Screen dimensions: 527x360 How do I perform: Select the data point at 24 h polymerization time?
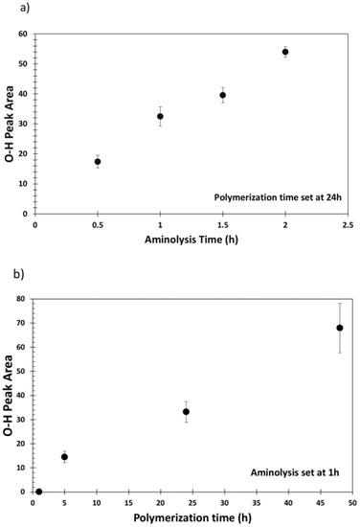click(187, 411)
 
